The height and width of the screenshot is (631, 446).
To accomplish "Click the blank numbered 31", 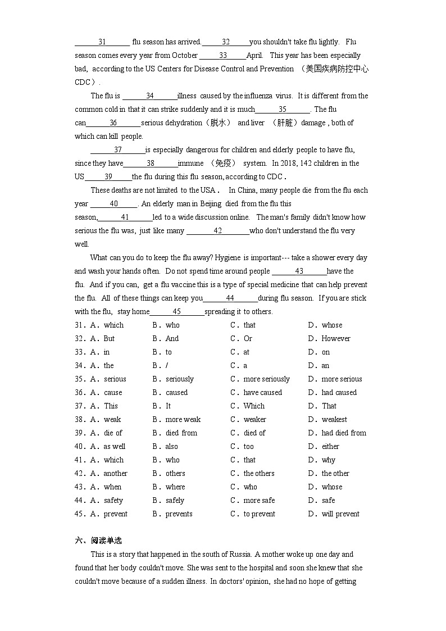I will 102,42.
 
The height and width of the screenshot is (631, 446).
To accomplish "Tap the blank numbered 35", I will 283,110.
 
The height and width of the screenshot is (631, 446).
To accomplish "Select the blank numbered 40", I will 113,204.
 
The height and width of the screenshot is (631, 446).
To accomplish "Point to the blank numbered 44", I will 230,298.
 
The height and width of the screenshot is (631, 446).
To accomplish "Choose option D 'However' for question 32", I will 335,339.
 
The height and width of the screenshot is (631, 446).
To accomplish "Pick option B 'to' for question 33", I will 169,352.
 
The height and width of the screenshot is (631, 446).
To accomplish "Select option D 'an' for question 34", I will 325,366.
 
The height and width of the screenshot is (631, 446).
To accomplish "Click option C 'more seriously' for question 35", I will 266,379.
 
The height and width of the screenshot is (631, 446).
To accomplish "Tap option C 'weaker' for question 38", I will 255,420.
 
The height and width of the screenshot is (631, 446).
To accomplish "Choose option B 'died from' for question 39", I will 181,433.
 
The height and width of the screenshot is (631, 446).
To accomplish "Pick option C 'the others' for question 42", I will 259,474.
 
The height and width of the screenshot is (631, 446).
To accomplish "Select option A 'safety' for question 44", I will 113,501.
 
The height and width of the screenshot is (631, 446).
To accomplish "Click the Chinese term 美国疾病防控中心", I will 336,69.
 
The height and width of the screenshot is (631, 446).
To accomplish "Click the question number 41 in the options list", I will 79,460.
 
